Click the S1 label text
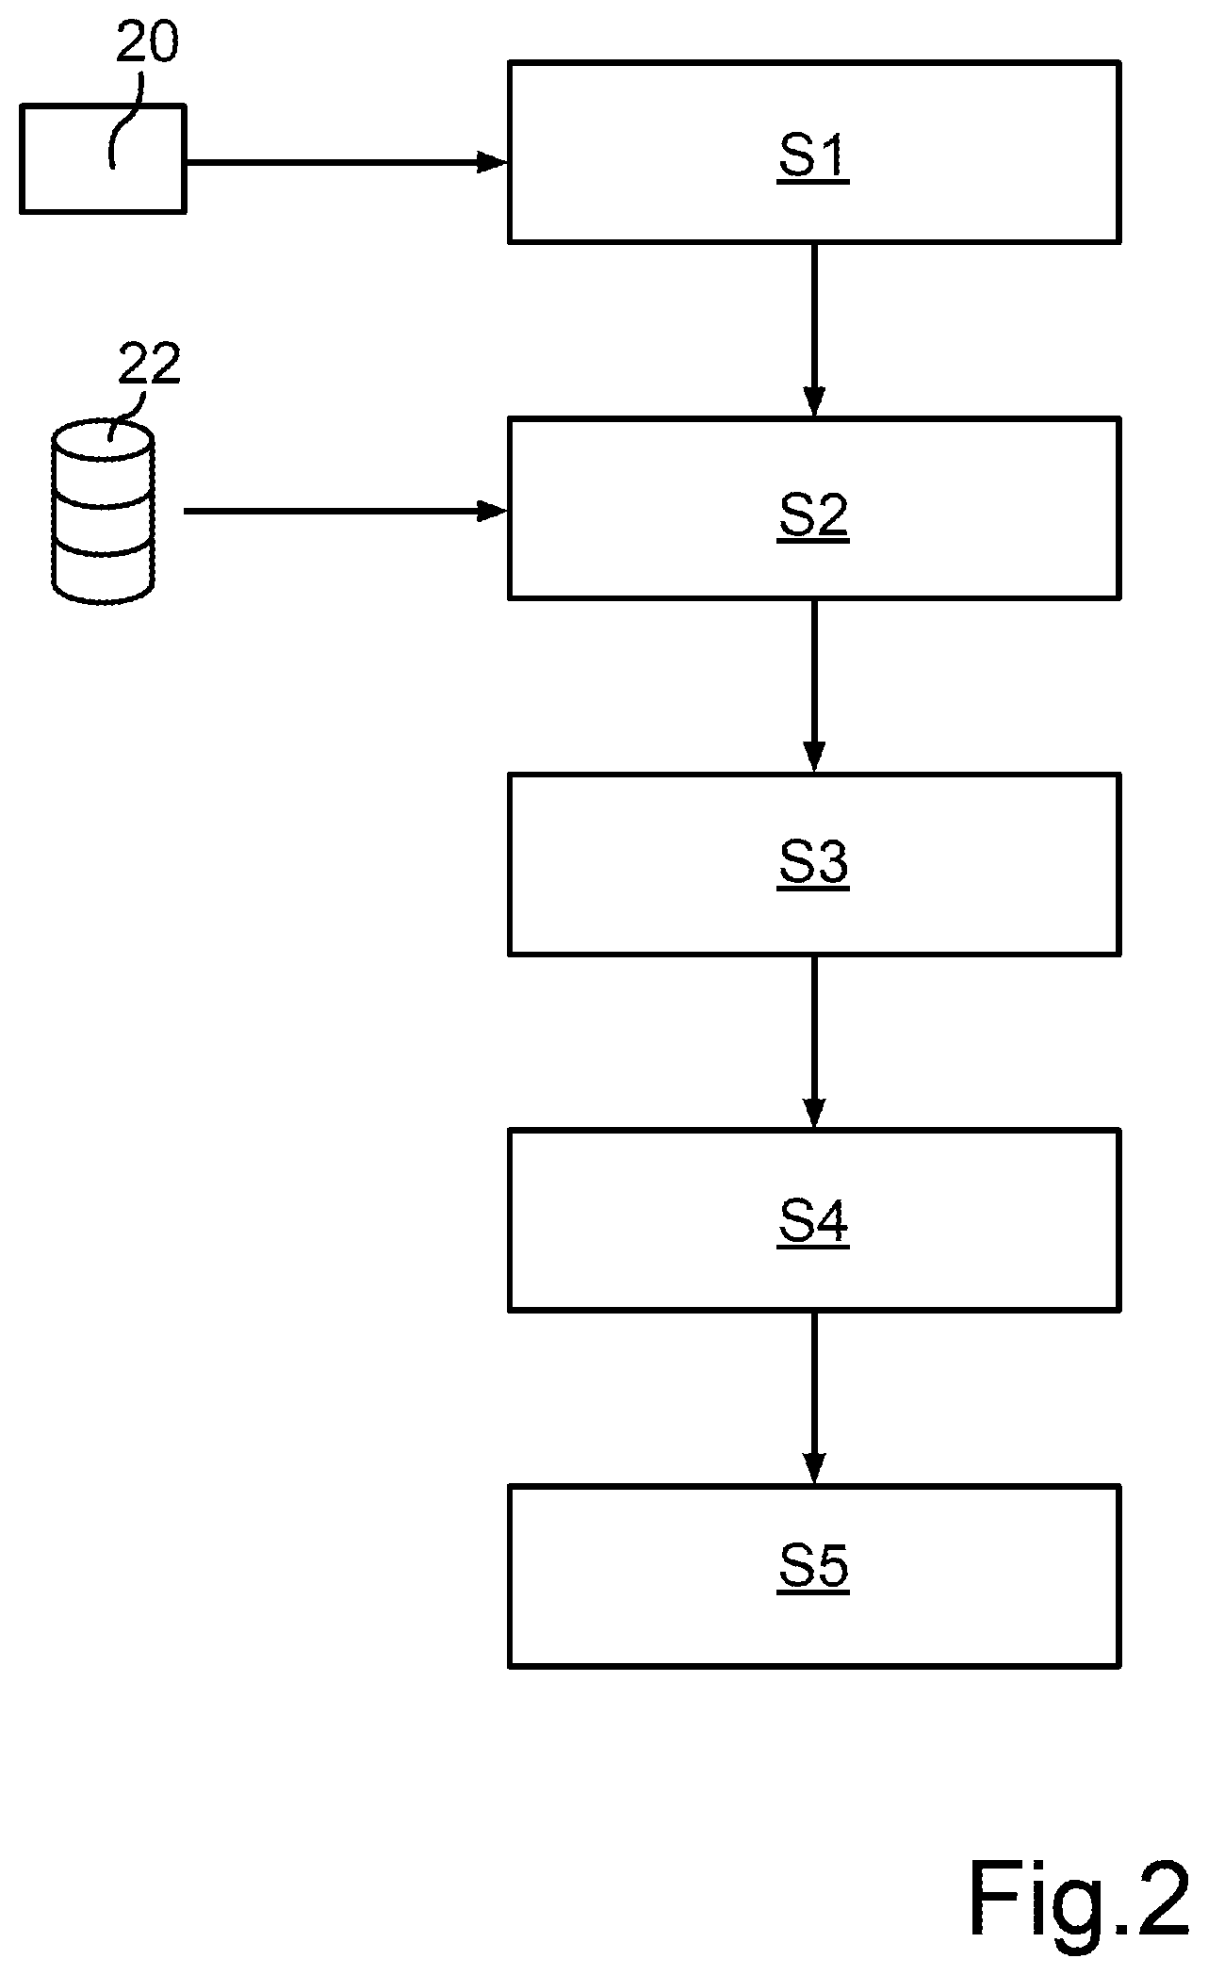(x=813, y=156)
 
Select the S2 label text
(x=813, y=514)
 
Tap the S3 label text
(x=813, y=864)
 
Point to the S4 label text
(x=813, y=1222)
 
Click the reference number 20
(x=147, y=44)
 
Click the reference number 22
(x=149, y=365)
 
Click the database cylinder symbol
(x=103, y=510)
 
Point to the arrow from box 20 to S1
(x=347, y=162)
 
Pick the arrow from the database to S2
(x=346, y=512)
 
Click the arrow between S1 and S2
(x=814, y=330)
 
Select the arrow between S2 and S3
(x=814, y=685)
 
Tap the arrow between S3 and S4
(x=814, y=1041)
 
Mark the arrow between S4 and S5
(x=814, y=1397)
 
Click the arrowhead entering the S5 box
(x=814, y=1469)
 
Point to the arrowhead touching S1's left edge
(x=493, y=162)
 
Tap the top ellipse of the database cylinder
(x=103, y=440)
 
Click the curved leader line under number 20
(x=124, y=118)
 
